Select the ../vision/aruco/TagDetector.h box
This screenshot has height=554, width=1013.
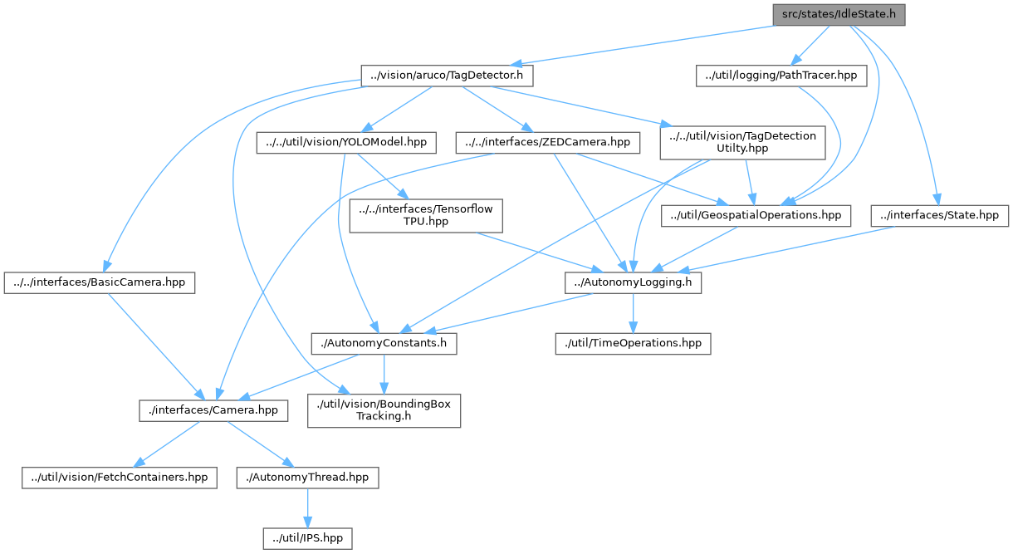[446, 76]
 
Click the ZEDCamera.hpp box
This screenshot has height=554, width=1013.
[548, 142]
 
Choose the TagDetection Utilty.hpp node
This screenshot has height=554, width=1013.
[742, 142]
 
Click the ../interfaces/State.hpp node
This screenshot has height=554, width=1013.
[940, 216]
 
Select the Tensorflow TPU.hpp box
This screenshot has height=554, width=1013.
[426, 216]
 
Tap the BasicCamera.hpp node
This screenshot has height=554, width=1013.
[100, 283]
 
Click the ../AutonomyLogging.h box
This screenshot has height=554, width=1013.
[634, 283]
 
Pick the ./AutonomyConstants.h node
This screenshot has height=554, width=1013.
[384, 342]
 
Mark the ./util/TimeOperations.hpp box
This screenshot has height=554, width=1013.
[633, 342]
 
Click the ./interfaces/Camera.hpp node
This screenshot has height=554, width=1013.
[213, 410]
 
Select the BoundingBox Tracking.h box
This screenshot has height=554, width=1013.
[384, 410]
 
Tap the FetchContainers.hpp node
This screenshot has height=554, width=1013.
[119, 478]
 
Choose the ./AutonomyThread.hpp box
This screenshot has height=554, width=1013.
[308, 478]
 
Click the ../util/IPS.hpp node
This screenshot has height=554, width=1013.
[308, 538]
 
